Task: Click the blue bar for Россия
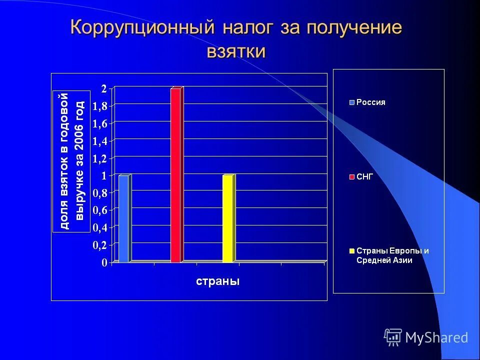tap(123, 218)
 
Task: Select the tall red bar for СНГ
tap(175, 175)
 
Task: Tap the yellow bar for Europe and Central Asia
tap(227, 218)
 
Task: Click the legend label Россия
tap(370, 102)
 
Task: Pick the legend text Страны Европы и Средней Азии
tap(392, 255)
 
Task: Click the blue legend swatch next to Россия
tap(351, 102)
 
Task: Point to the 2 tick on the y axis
tap(103, 89)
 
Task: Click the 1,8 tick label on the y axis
tap(100, 106)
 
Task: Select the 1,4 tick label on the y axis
tap(100, 141)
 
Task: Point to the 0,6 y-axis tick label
tap(100, 210)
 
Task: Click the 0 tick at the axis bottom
tap(104, 262)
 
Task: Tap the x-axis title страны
tap(217, 281)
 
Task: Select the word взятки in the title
tap(236, 51)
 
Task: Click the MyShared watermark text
tap(436, 337)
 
